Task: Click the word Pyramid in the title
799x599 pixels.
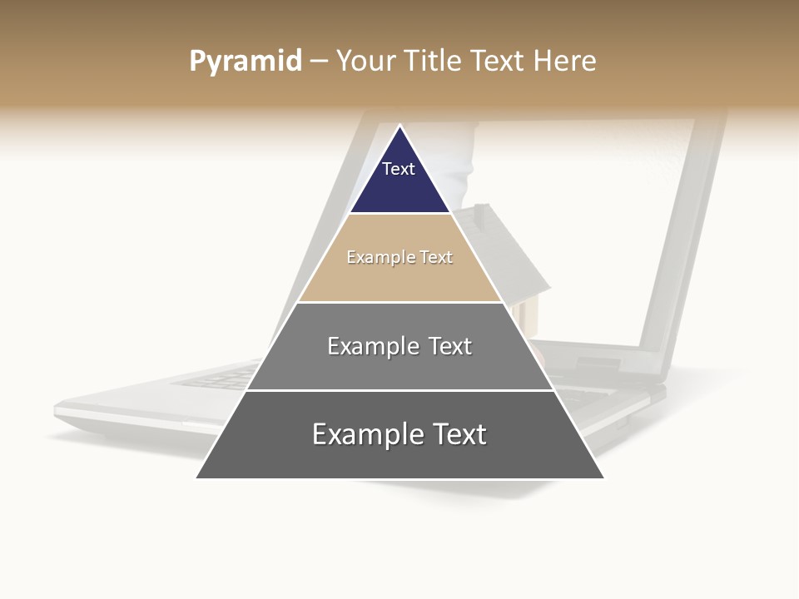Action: pyautogui.click(x=245, y=62)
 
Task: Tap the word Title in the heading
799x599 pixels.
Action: pyautogui.click(x=433, y=62)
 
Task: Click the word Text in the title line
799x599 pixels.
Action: pyautogui.click(x=498, y=62)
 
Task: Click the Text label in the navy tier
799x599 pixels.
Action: pyautogui.click(x=399, y=169)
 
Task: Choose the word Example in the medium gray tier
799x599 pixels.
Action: pyautogui.click(x=371, y=346)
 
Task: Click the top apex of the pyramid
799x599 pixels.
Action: pyautogui.click(x=399, y=126)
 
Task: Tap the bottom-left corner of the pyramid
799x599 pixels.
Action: pyautogui.click(x=198, y=478)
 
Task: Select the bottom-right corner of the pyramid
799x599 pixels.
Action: pyautogui.click(x=602, y=478)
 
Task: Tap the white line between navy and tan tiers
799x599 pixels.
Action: pyautogui.click(x=399, y=214)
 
